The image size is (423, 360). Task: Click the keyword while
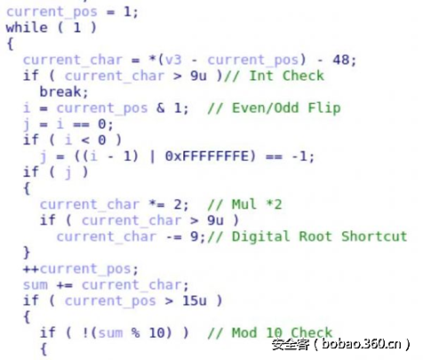point(27,28)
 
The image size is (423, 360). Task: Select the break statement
point(64,92)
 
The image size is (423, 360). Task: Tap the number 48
point(340,60)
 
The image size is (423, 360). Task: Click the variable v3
point(173,60)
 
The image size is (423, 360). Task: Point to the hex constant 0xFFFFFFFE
point(206,156)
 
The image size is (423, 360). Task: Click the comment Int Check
point(286,76)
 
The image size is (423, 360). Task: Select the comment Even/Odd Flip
point(286,108)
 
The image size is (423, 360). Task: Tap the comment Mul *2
point(257,204)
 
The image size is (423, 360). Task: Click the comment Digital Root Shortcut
point(319,236)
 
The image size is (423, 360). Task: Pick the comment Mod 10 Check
point(282,332)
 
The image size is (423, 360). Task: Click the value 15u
point(194,300)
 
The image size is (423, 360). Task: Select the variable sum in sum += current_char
point(36,284)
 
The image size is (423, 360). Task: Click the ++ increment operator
point(31,268)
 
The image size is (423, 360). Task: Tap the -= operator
point(173,236)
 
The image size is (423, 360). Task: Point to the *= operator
point(156,204)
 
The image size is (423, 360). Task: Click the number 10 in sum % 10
point(156,332)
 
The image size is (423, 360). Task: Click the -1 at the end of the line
point(299,156)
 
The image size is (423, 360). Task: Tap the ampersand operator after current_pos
point(160,108)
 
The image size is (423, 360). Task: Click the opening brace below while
point(10,44)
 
